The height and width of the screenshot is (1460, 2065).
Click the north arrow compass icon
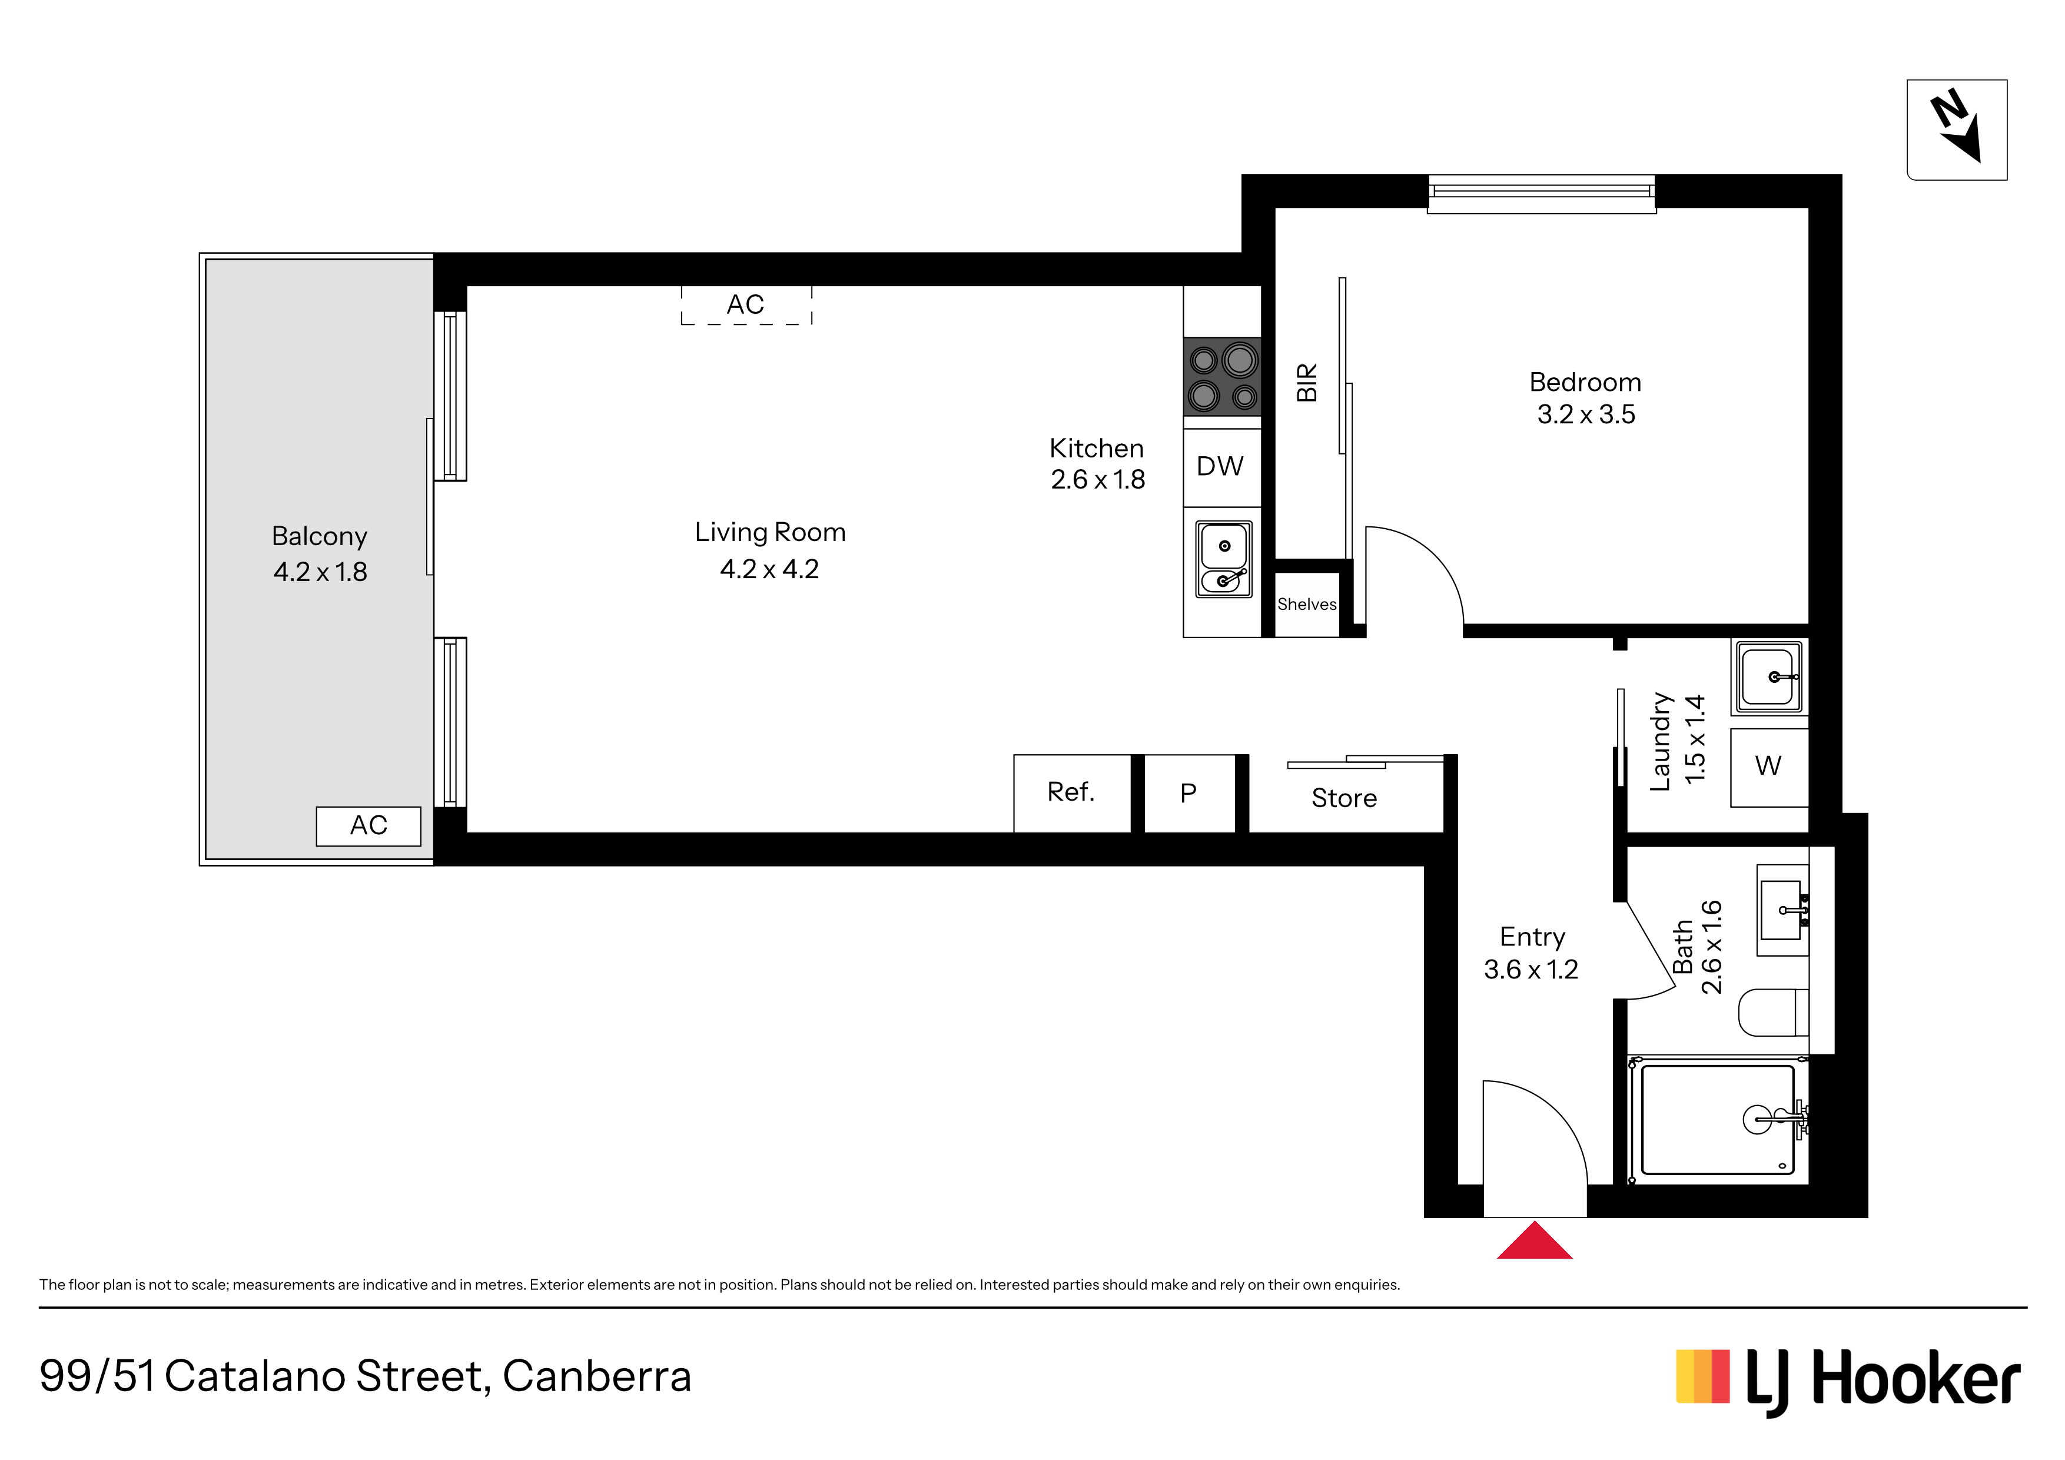click(x=1957, y=130)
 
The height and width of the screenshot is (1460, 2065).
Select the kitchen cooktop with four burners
click(x=1222, y=377)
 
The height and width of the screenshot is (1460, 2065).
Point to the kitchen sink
click(x=1223, y=559)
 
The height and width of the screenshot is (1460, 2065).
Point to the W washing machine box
click(x=1769, y=767)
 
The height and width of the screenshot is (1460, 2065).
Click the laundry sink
click(x=1769, y=676)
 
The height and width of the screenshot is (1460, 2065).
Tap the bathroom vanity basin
click(x=1782, y=910)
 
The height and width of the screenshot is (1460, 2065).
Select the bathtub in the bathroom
click(x=1718, y=1120)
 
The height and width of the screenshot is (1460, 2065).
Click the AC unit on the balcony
click(x=368, y=826)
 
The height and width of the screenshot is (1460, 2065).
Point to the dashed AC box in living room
click(x=746, y=306)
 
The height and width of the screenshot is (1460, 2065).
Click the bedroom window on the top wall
click(x=1542, y=194)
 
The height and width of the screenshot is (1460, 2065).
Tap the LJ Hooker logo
click(x=1848, y=1379)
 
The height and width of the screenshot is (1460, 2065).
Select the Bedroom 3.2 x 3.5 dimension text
click(x=1586, y=399)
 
